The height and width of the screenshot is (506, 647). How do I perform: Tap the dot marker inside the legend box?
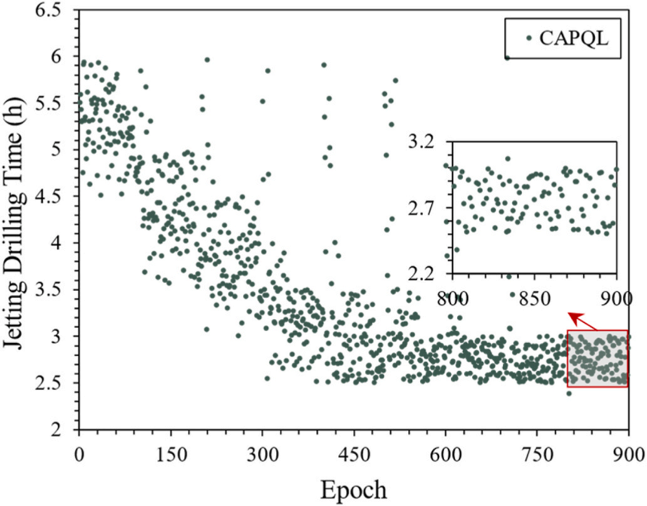tap(529, 38)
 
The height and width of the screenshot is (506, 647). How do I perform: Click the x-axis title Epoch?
tap(354, 487)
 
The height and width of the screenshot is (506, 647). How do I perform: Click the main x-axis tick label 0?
tap(78, 455)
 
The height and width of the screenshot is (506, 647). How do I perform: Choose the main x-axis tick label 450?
tap(354, 455)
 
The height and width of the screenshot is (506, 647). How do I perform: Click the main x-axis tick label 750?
tap(537, 455)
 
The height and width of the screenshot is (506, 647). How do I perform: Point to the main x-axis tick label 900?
tap(628, 455)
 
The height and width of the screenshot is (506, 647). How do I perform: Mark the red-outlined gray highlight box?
tap(598, 359)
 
